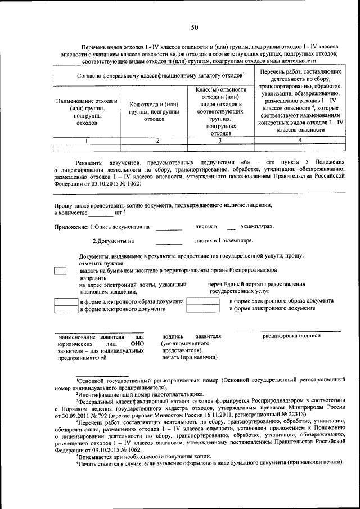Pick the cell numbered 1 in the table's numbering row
(x=85, y=141)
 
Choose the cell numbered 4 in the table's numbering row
(x=300, y=141)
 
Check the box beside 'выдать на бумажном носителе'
(x=60, y=271)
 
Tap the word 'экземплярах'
(x=257, y=227)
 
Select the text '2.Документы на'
(x=113, y=241)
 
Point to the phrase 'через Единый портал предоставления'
(x=256, y=284)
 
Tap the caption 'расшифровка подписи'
(x=291, y=336)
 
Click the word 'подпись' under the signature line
(x=172, y=336)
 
